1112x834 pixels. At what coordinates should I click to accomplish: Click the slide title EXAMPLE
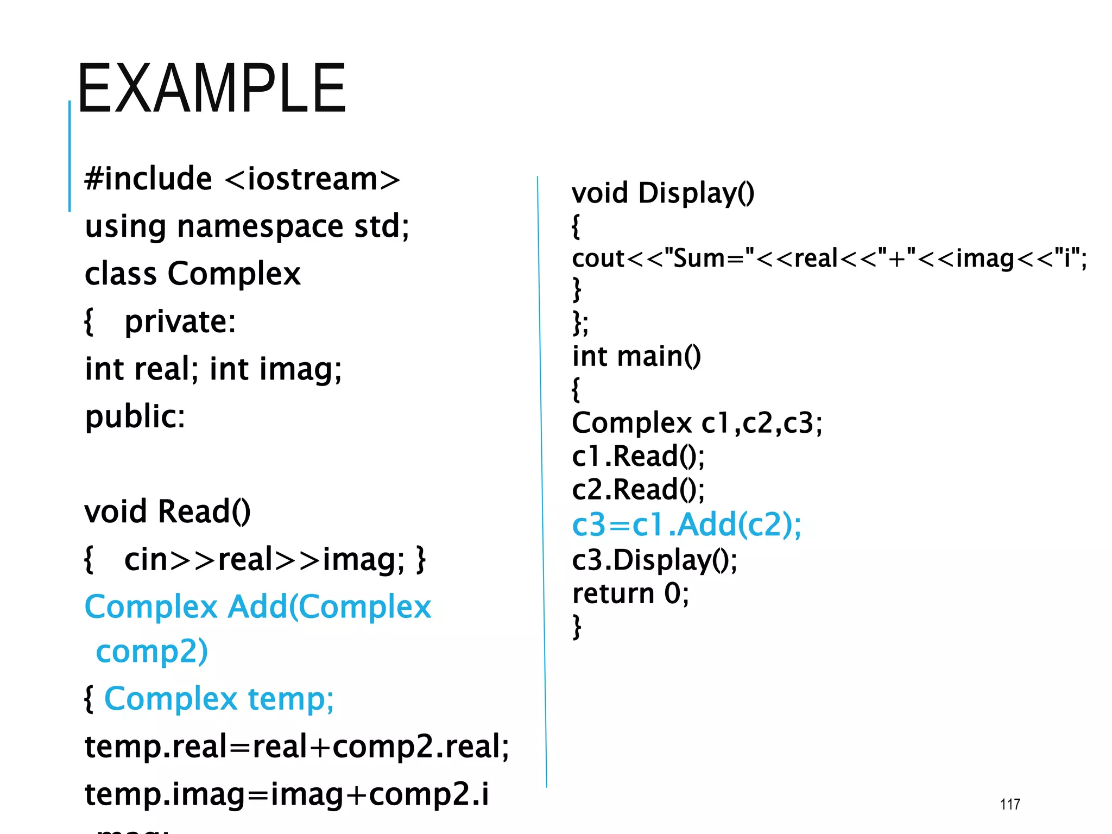tap(211, 89)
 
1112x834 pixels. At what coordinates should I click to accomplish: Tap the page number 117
tap(1010, 804)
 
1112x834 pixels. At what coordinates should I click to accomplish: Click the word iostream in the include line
tap(312, 179)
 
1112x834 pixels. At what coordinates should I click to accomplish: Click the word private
tap(180, 321)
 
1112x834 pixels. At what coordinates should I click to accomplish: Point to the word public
tap(135, 416)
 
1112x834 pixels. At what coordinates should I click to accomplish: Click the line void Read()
tap(167, 511)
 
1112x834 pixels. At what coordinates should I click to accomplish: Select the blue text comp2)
tap(152, 652)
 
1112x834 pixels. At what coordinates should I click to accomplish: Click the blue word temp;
tap(290, 699)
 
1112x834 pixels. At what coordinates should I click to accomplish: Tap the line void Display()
tap(663, 193)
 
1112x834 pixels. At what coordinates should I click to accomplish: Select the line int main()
tap(636, 357)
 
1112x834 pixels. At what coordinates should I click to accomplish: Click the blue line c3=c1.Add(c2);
tap(686, 525)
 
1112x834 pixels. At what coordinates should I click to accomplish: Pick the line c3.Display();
tap(655, 560)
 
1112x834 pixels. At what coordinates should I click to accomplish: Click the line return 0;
tap(630, 593)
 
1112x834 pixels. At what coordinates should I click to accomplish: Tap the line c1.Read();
tap(638, 456)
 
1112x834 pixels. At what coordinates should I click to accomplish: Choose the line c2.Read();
tap(638, 490)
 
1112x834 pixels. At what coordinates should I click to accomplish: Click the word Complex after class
tap(234, 274)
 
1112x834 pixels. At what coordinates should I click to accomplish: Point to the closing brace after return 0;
tap(577, 627)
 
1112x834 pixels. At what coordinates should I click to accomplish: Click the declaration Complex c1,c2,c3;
tap(697, 423)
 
